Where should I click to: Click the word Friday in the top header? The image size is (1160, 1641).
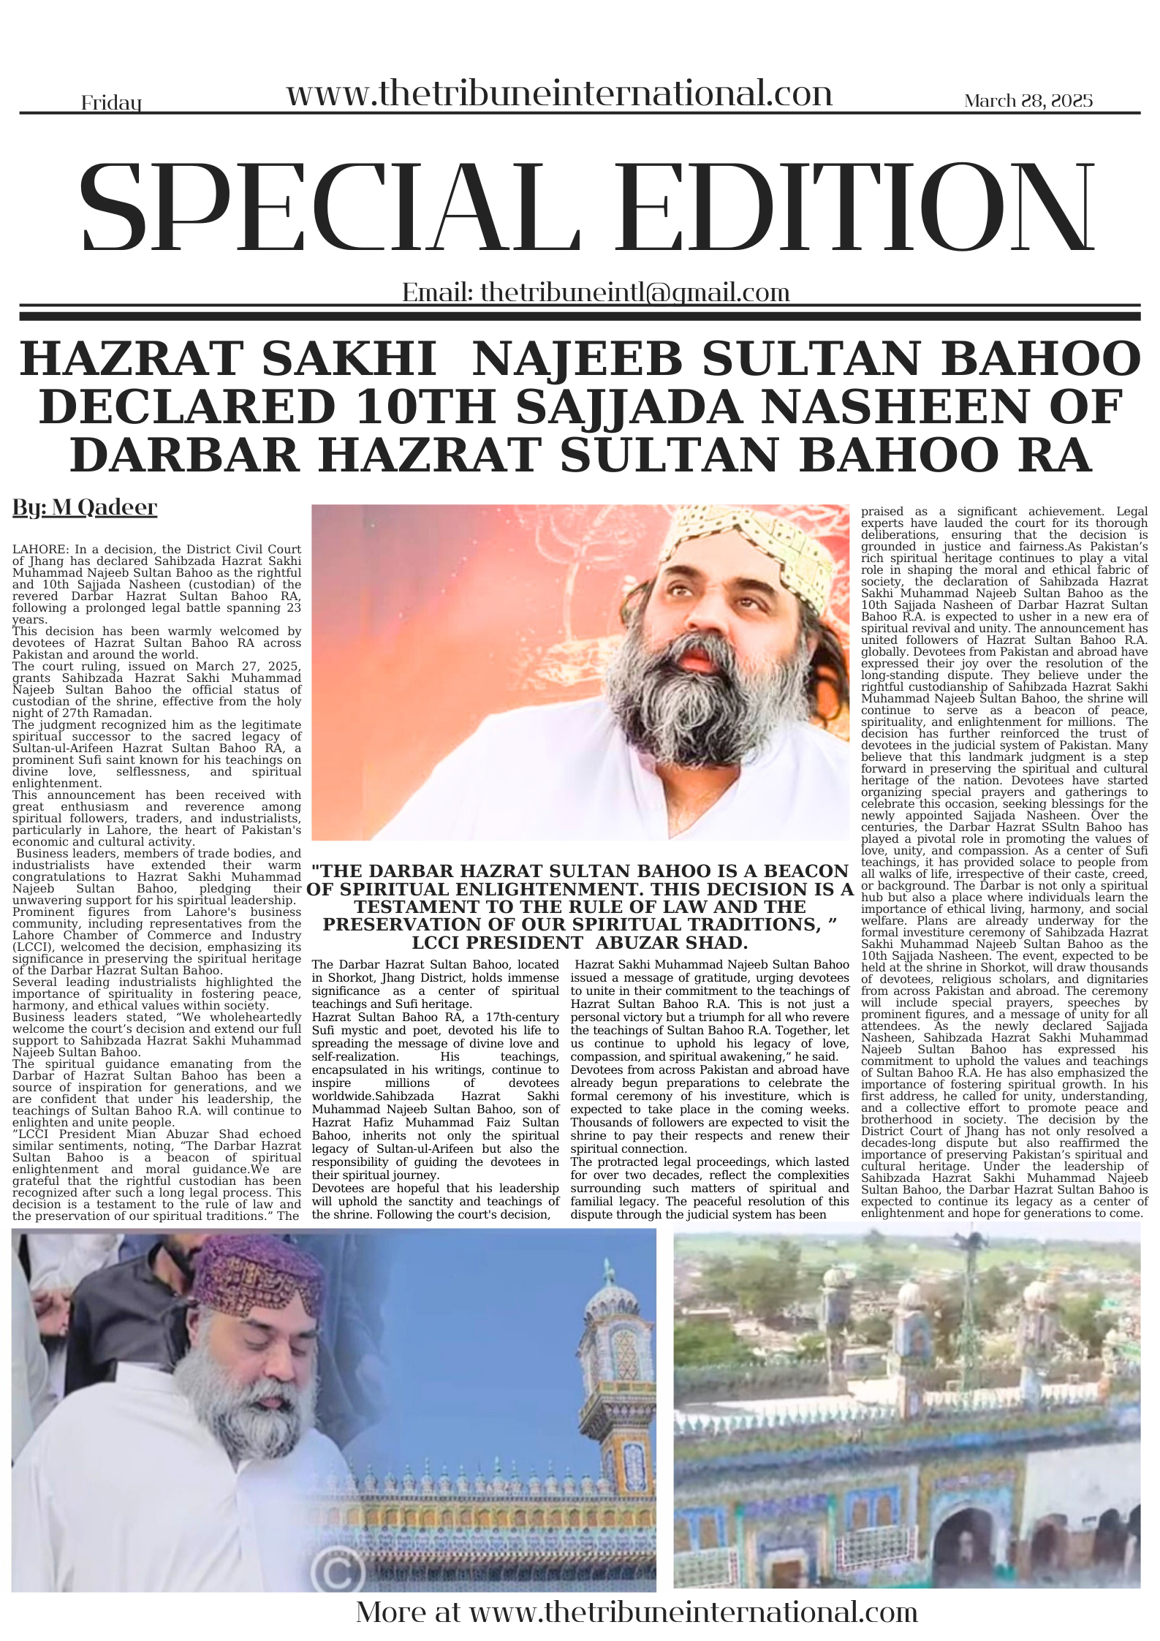pyautogui.click(x=110, y=103)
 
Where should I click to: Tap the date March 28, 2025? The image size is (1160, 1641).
pyautogui.click(x=1028, y=101)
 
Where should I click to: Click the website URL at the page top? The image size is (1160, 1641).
pyautogui.click(x=559, y=94)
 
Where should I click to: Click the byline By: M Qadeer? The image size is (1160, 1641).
pyautogui.click(x=85, y=507)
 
